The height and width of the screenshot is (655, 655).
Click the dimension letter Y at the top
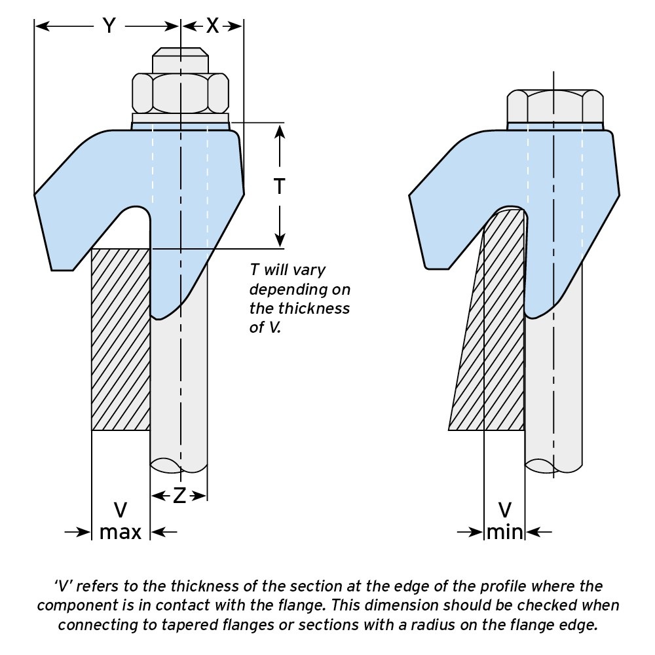[109, 26]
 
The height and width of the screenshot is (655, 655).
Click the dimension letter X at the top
[213, 26]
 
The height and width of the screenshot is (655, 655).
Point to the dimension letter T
[280, 186]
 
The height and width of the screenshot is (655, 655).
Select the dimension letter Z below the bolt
[179, 496]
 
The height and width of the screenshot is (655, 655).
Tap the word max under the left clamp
[121, 532]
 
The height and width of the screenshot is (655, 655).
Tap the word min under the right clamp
[504, 532]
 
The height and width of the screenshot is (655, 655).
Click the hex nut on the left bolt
[181, 93]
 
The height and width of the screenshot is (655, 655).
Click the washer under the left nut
[181, 119]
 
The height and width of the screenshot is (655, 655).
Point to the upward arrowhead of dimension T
[280, 131]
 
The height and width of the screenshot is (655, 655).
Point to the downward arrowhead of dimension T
[280, 240]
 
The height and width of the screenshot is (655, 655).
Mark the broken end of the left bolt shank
[179, 466]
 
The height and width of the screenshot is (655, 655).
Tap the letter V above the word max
[121, 510]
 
